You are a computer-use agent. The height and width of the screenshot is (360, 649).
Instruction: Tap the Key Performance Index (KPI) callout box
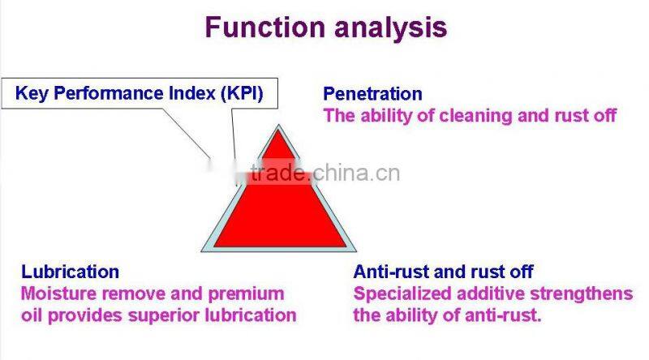139,93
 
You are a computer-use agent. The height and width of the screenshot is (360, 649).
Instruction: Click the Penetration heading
372,94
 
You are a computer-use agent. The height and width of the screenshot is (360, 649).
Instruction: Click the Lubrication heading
70,272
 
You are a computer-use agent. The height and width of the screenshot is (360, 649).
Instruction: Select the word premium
247,293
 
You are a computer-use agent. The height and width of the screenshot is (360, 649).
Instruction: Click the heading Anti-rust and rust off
443,272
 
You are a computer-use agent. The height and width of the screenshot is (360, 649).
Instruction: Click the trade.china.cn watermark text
324,173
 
